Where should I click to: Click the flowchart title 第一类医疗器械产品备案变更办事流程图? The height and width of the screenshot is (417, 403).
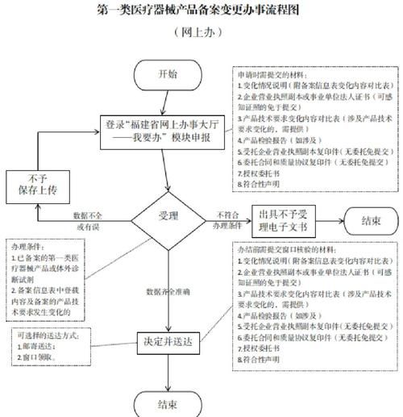(x=201, y=10)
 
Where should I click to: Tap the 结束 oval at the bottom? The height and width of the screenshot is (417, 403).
(x=167, y=402)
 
